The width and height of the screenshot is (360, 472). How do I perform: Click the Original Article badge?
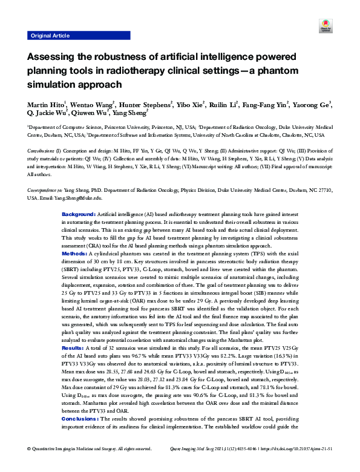coord(50,36)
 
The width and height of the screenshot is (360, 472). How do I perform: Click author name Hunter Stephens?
coord(146,104)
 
